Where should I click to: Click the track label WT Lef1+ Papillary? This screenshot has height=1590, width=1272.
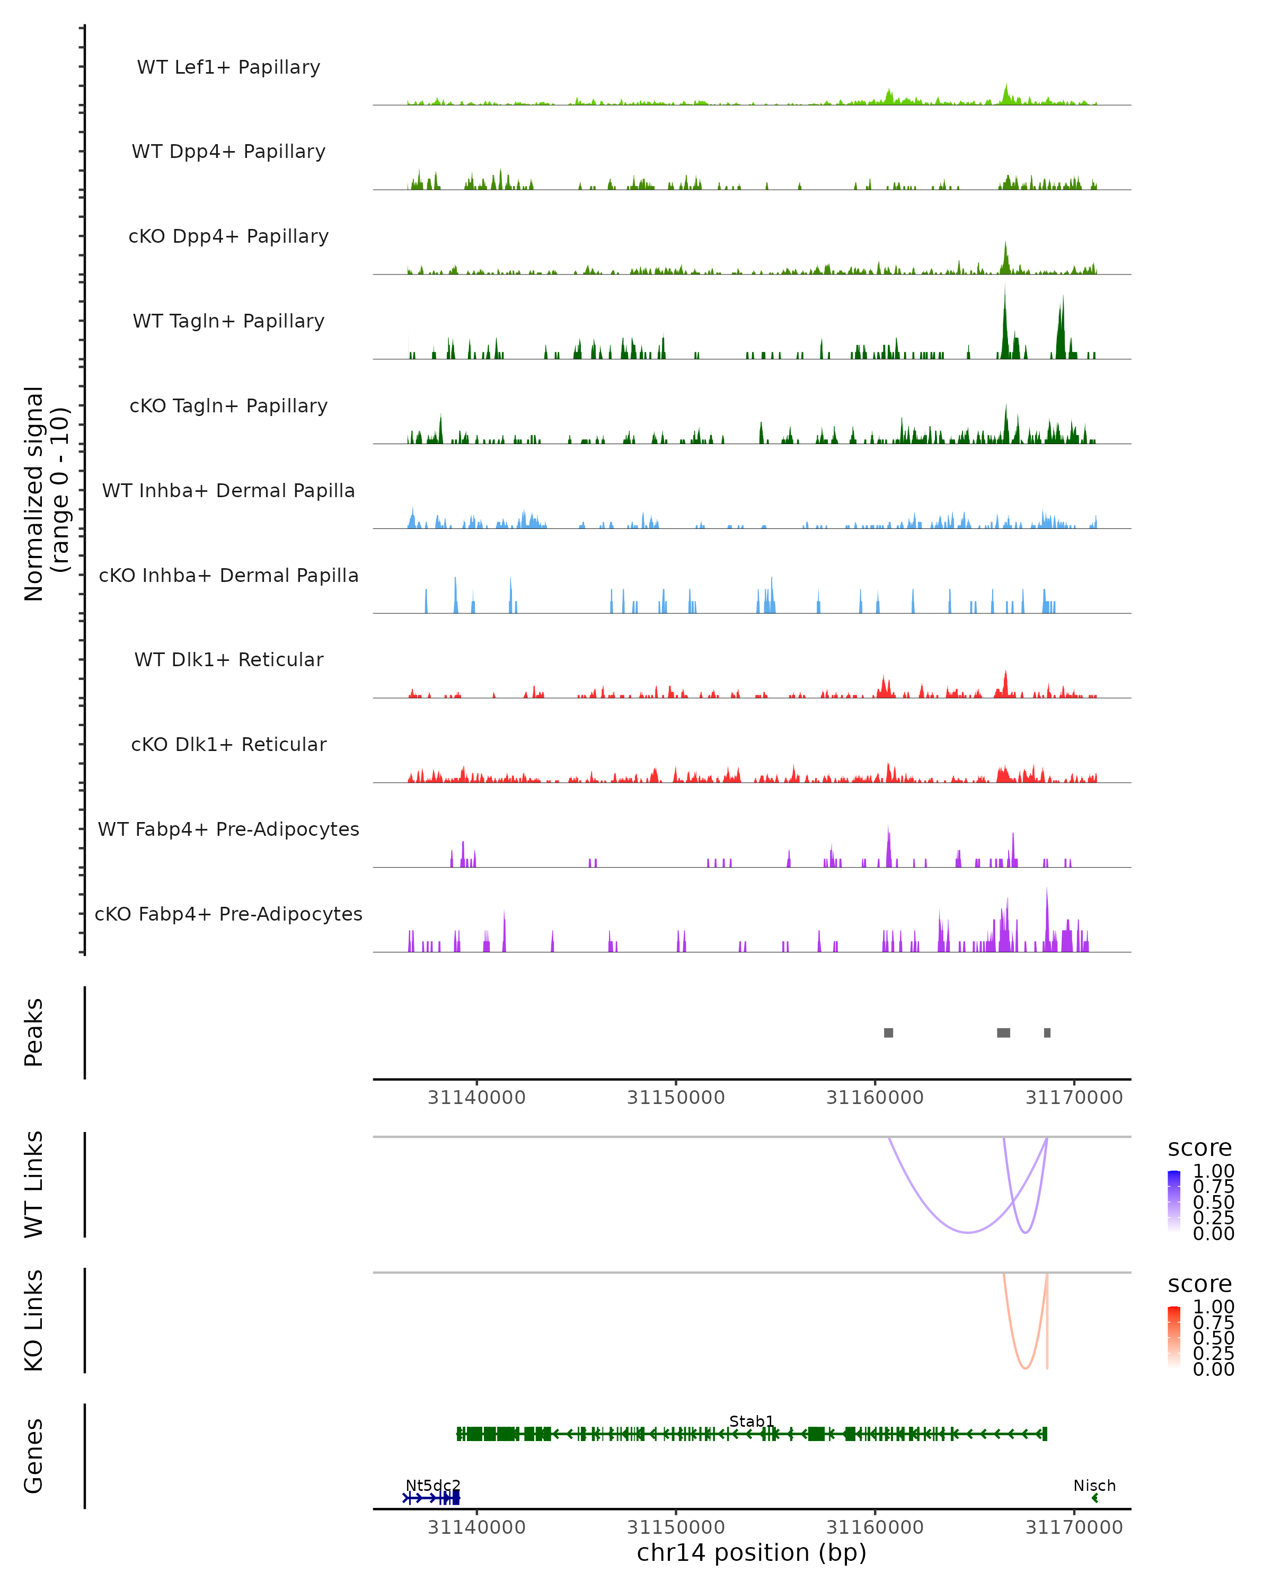click(228, 67)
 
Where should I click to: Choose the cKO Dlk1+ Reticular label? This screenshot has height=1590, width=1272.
click(228, 744)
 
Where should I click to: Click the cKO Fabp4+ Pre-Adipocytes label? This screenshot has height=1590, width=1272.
click(228, 914)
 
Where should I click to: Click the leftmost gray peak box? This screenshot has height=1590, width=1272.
click(889, 1032)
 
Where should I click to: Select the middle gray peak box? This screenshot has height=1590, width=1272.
click(1004, 1032)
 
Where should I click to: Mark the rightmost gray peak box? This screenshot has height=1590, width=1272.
click(1047, 1032)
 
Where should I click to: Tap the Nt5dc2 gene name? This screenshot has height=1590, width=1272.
click(433, 1485)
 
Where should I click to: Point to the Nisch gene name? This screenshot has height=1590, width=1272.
click(1094, 1485)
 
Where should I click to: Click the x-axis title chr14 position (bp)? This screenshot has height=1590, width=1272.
click(752, 1552)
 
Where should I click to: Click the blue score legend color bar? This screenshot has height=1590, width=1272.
click(1174, 1202)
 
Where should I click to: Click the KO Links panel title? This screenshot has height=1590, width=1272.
click(34, 1320)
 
